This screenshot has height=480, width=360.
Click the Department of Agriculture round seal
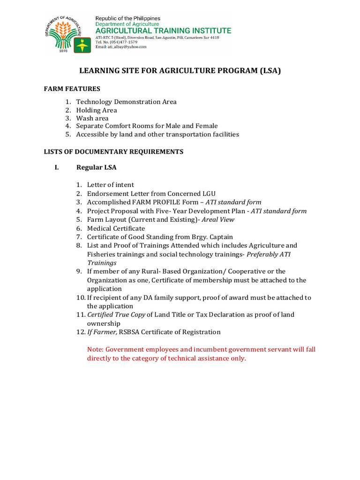(x=65, y=32)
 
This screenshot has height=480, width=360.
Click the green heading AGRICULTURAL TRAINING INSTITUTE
(x=163, y=31)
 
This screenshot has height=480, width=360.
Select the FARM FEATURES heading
(x=72, y=89)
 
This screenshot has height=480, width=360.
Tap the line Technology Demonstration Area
(x=127, y=102)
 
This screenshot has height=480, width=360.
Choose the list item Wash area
(x=92, y=118)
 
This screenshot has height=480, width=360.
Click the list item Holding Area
(x=97, y=110)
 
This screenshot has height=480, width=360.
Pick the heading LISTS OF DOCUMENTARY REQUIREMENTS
(x=113, y=152)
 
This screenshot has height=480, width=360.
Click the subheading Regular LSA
(x=97, y=167)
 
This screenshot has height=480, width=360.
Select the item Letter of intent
(x=110, y=185)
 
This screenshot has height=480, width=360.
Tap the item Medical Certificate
(x=116, y=228)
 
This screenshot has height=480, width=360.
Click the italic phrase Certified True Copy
(x=116, y=315)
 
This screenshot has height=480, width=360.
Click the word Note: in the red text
(x=95, y=350)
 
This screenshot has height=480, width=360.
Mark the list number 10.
(x=80, y=298)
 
